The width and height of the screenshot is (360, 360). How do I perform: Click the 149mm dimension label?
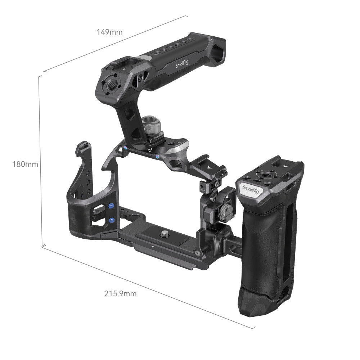109,32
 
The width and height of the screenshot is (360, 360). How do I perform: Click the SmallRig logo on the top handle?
183,64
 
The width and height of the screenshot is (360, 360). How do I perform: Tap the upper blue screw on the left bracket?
111,205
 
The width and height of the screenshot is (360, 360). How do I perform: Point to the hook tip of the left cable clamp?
80,147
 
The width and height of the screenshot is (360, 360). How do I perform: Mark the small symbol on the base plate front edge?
154,247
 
